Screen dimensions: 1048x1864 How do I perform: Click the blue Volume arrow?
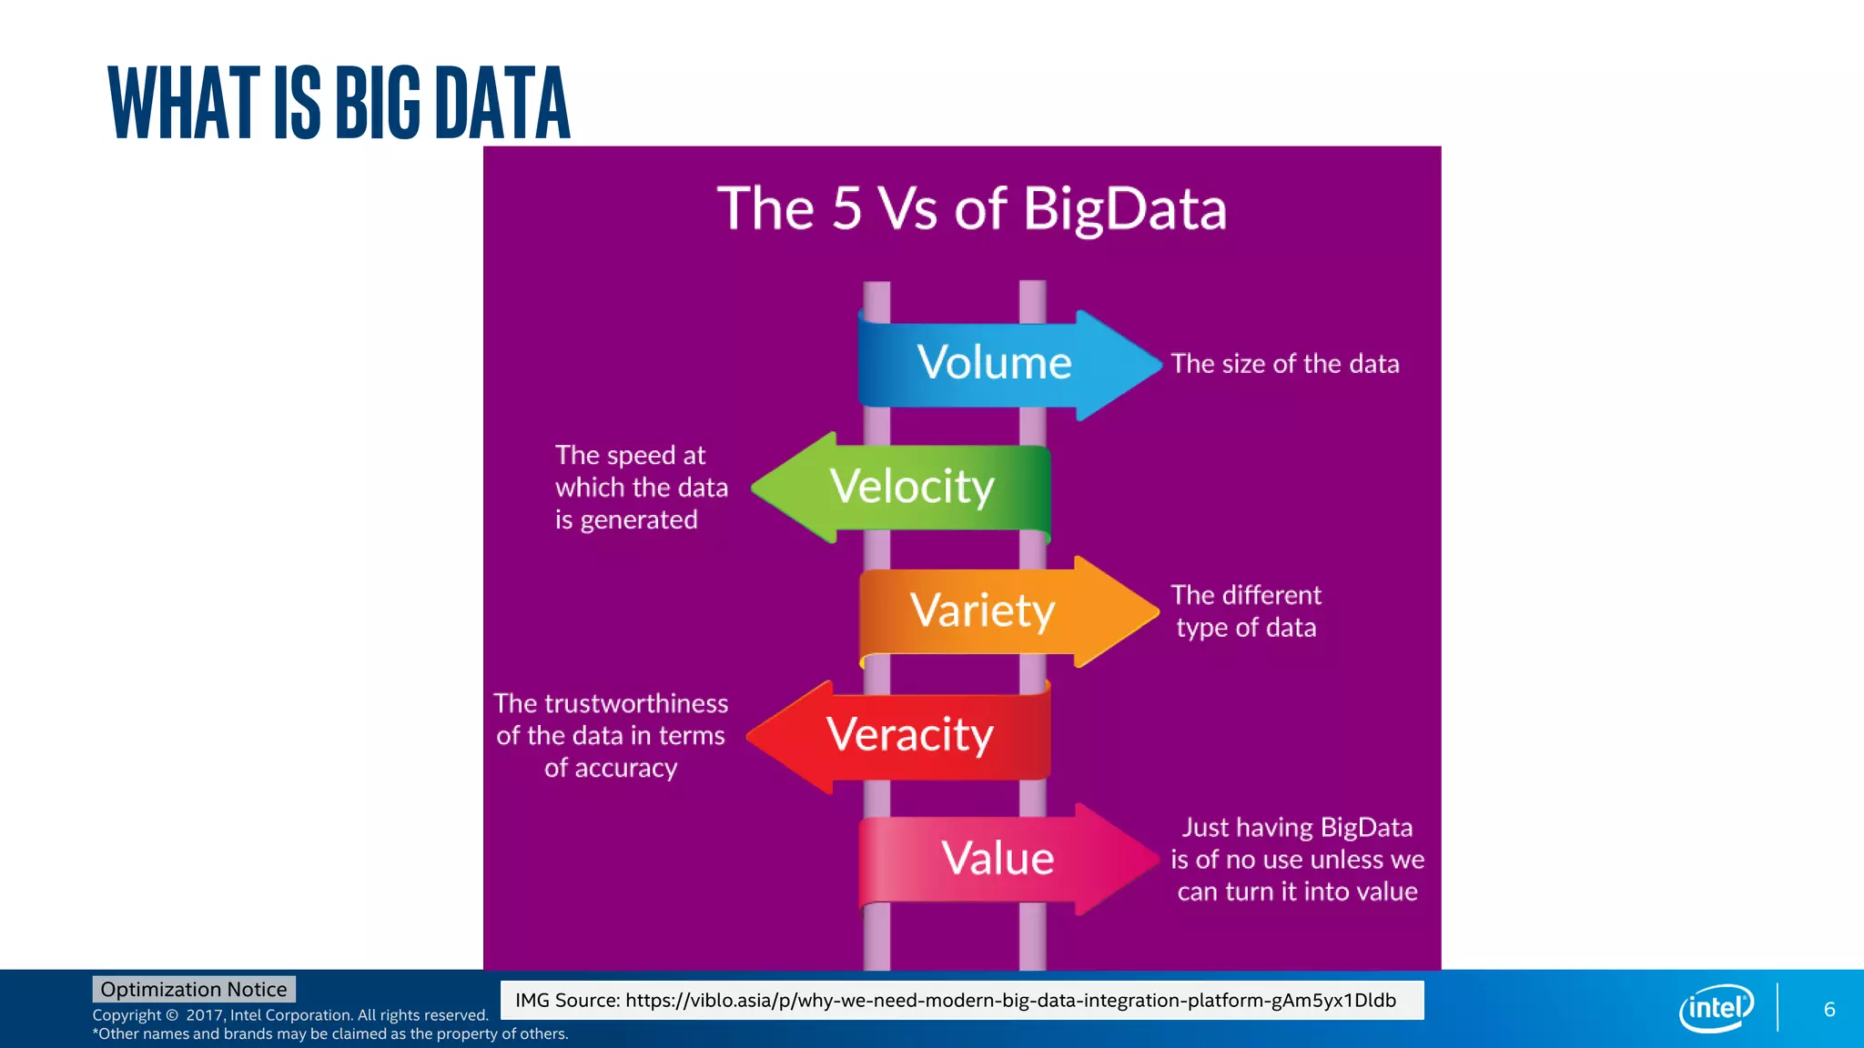pyautogui.click(x=997, y=364)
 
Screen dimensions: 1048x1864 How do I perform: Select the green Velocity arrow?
pyautogui.click(x=910, y=487)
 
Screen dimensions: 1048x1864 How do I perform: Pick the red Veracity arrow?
pyautogui.click(x=910, y=735)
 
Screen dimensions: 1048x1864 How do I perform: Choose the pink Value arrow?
pyautogui.click(x=997, y=859)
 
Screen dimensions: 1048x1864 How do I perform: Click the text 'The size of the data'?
pyautogui.click(x=1284, y=364)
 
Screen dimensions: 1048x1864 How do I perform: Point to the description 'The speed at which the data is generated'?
pyautogui.click(x=641, y=488)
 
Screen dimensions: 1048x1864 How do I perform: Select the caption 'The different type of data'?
pyautogui.click(x=1245, y=611)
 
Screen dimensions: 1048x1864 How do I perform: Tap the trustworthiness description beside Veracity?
pyautogui.click(x=611, y=735)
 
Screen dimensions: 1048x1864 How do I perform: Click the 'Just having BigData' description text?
pyautogui.click(x=1297, y=859)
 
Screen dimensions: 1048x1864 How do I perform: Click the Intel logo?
pyautogui.click(x=1716, y=1008)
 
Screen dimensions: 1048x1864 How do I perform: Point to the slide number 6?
pyautogui.click(x=1829, y=1009)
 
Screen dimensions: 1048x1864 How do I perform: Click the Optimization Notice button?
pyautogui.click(x=194, y=989)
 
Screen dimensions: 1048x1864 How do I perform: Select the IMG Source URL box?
pyautogui.click(x=961, y=1000)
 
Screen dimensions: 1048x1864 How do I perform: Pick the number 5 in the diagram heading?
pyautogui.click(x=846, y=208)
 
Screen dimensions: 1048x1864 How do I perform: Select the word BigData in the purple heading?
pyautogui.click(x=1124, y=209)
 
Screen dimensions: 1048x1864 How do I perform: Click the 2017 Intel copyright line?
pyautogui.click(x=290, y=1015)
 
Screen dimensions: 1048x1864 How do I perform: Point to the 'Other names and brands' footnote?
pyautogui.click(x=330, y=1033)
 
